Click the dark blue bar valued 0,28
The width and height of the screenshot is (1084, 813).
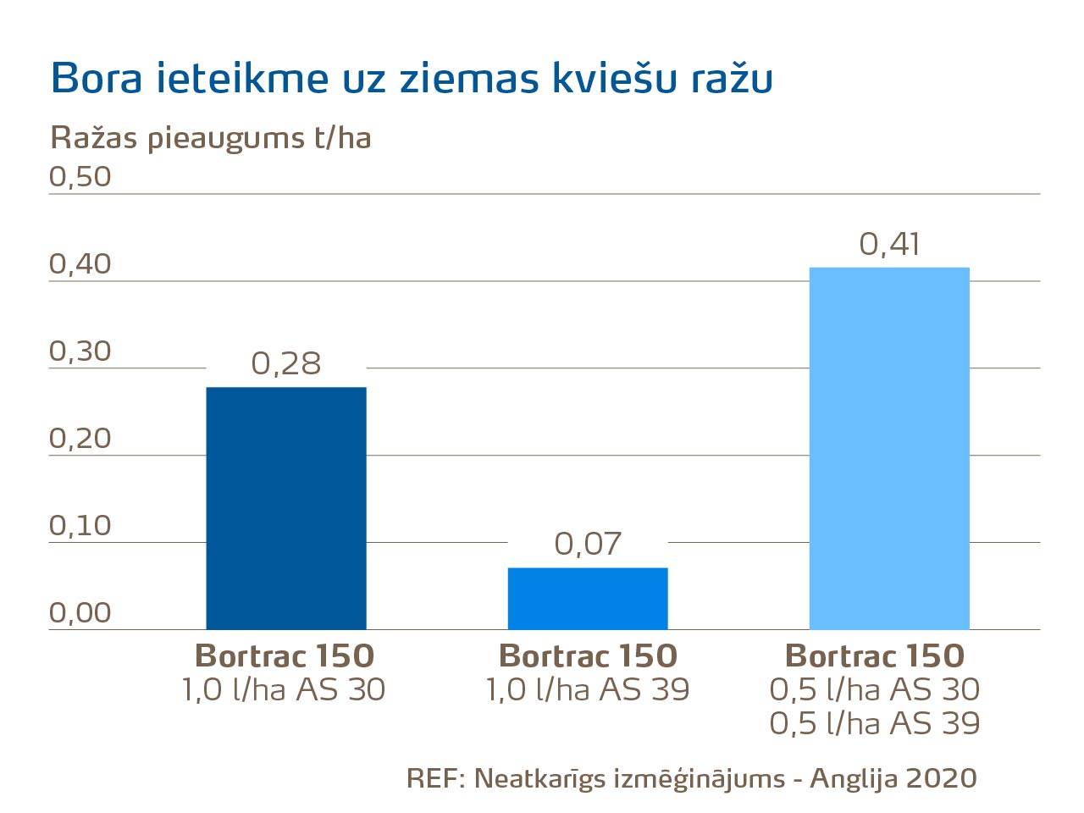(286, 508)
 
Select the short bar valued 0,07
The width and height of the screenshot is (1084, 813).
(588, 598)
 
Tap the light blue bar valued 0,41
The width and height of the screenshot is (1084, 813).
(889, 448)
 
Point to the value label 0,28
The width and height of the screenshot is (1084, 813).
(286, 363)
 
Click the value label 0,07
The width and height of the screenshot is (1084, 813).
(588, 544)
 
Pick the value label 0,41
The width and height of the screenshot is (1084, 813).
(889, 244)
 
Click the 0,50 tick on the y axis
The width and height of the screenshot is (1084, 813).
(80, 176)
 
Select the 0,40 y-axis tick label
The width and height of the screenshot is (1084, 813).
(80, 264)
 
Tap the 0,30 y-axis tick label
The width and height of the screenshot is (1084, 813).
(80, 351)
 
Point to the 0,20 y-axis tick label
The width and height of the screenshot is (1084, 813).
(80, 439)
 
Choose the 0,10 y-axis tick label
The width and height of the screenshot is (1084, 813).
(80, 526)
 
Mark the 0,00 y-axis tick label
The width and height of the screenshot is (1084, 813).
(80, 612)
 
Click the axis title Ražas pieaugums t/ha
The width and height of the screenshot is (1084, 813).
(211, 138)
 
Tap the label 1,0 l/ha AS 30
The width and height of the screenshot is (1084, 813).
(284, 690)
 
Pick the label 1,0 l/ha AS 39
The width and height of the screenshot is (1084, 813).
(588, 690)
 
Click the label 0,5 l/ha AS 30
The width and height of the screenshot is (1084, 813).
(875, 690)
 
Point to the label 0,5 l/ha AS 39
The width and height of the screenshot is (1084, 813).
(875, 724)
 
